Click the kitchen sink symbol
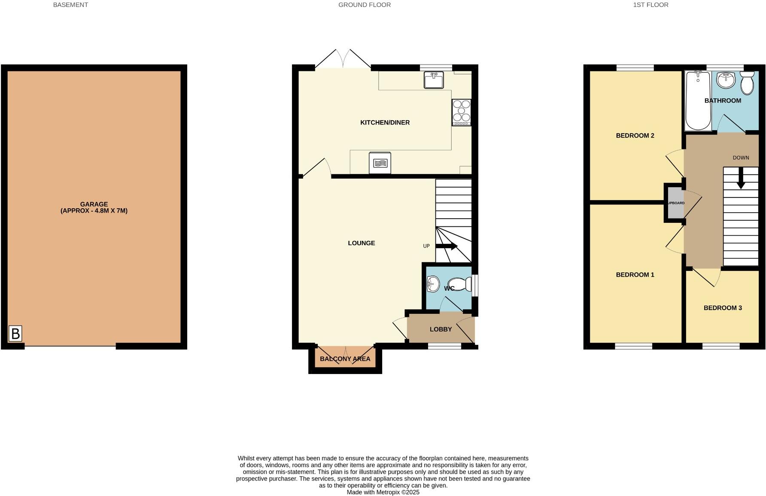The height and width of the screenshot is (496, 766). [434, 80]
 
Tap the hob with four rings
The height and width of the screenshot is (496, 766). [461, 112]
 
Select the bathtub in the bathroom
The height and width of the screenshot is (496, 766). [698, 100]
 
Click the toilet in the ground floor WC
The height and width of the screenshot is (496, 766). [462, 283]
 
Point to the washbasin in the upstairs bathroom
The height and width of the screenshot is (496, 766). [726, 80]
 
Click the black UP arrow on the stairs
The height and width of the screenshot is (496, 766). [447, 246]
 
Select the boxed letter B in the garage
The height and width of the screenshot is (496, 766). [15, 334]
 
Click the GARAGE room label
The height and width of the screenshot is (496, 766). [94, 204]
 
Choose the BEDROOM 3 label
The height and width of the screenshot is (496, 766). [723, 308]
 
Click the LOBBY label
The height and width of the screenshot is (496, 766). [441, 329]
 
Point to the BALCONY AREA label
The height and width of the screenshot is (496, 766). [345, 359]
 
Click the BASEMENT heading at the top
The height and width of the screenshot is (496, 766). [70, 5]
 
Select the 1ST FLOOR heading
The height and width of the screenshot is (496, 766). [650, 5]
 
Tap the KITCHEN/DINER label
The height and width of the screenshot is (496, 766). [385, 122]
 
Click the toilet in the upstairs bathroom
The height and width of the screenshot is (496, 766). [747, 83]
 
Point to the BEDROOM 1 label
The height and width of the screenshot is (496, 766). [635, 275]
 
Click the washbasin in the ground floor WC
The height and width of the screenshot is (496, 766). [433, 284]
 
